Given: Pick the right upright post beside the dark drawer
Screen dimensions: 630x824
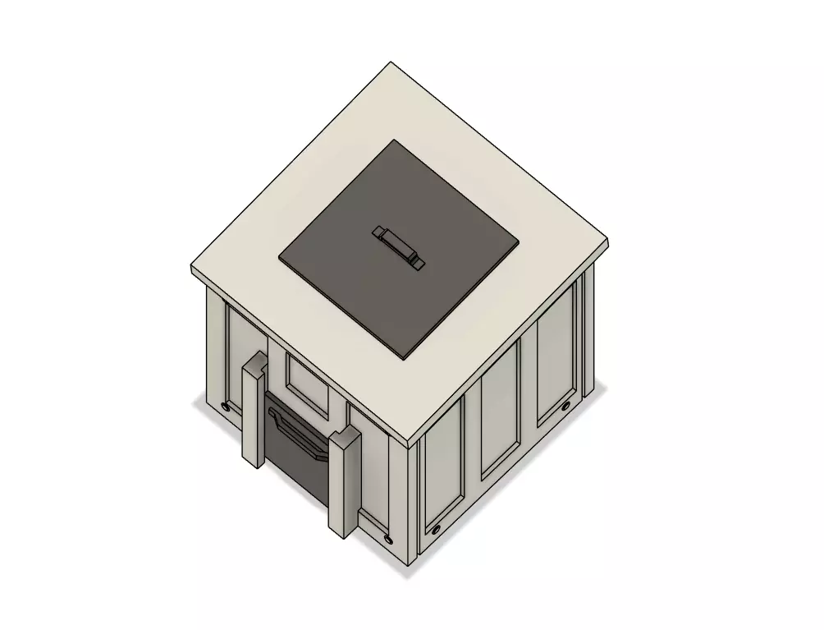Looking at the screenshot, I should coord(344,481).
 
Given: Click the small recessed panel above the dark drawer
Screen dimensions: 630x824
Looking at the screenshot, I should coord(308,382).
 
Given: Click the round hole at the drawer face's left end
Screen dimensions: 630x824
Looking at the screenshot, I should coord(226,405).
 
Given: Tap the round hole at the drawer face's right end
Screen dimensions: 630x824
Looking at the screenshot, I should coord(387,538).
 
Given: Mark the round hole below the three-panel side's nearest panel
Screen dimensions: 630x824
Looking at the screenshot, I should coord(436,528).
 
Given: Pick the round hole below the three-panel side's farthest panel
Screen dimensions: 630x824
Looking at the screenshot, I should coord(565,406).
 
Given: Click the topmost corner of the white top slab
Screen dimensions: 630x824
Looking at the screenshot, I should coord(391,62).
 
